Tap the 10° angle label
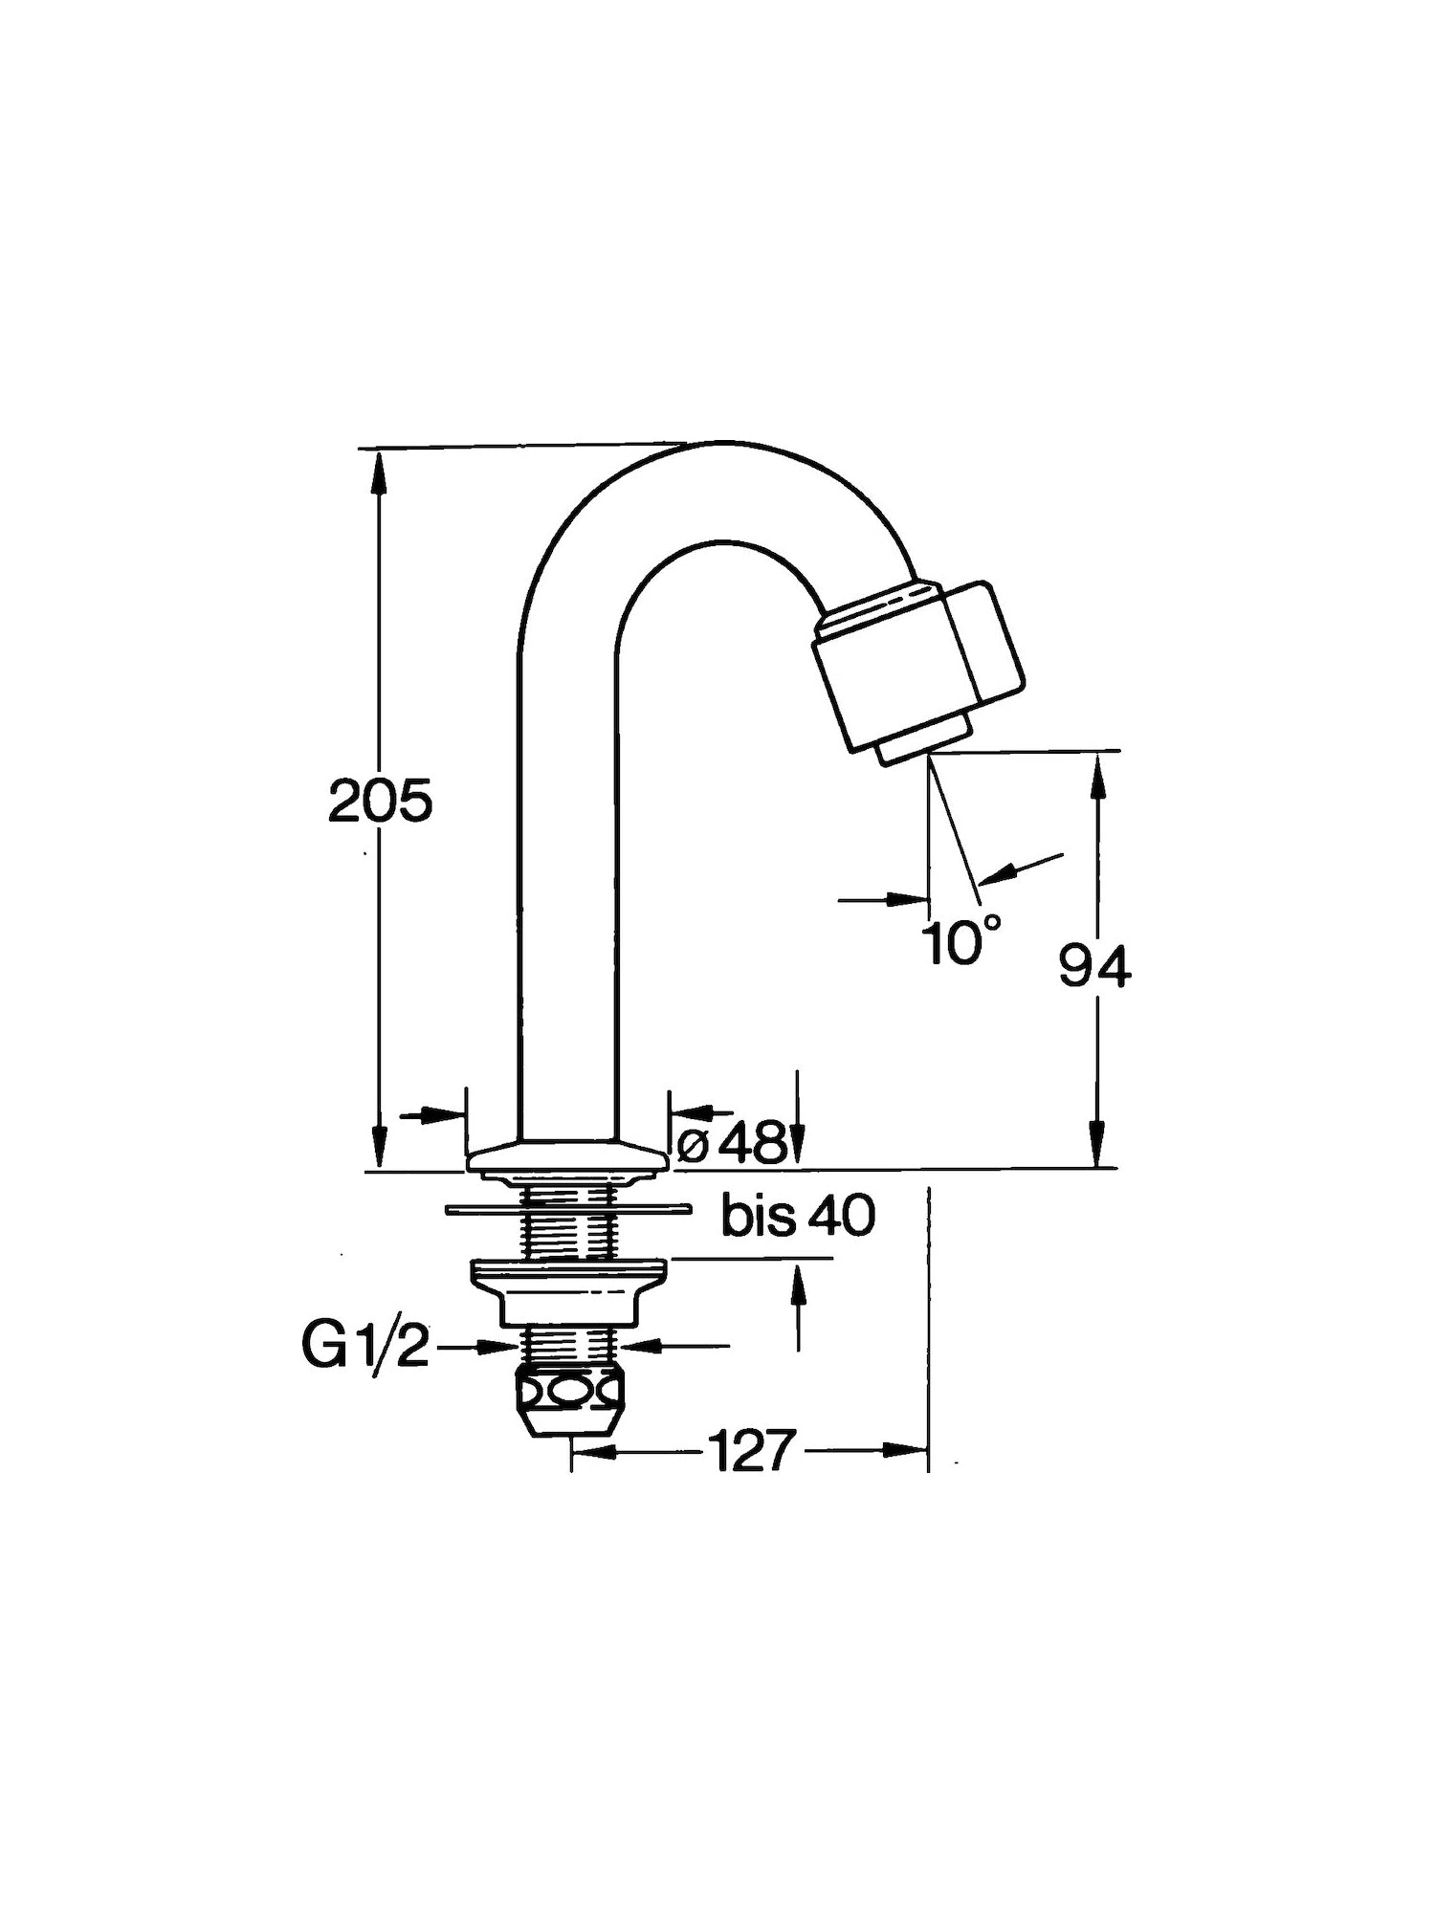(963, 940)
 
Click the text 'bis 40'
(799, 1217)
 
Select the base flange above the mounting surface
(566, 1156)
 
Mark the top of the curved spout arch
(713, 444)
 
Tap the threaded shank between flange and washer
(567, 1191)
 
